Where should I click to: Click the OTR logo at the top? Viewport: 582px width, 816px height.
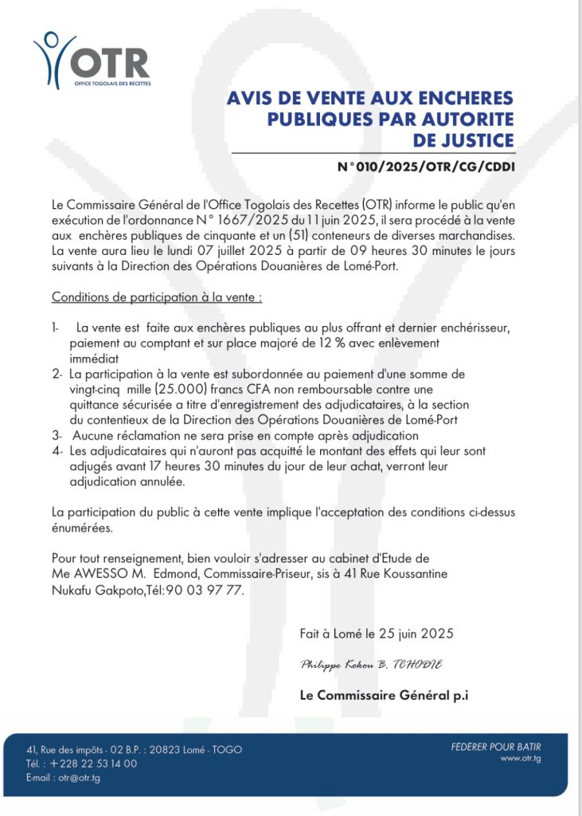coord(92,59)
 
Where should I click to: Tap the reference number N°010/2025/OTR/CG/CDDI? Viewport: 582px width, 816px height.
coord(426,167)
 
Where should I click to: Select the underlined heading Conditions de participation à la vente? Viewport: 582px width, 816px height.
coord(157,297)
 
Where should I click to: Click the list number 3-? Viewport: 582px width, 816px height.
coord(57,436)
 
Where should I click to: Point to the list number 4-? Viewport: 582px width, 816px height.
coord(57,451)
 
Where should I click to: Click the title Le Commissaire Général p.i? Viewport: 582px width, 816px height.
coord(384,695)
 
